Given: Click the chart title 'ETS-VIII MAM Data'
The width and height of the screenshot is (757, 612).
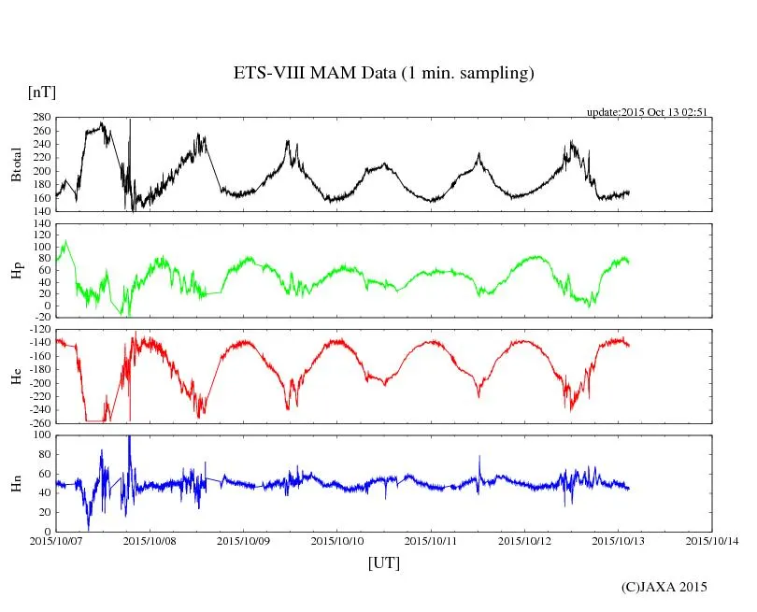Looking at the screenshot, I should click(383, 74).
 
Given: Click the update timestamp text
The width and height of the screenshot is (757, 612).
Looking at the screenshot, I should click(646, 112).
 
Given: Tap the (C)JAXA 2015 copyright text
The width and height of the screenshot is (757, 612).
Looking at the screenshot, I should click(664, 587).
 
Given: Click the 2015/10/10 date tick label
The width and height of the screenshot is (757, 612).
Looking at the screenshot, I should click(338, 541).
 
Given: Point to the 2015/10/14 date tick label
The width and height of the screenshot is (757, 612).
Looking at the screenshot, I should click(713, 541).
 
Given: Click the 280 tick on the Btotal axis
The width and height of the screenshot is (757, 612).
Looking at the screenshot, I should click(40, 118).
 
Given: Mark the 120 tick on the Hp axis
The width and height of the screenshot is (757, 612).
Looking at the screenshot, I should click(40, 223).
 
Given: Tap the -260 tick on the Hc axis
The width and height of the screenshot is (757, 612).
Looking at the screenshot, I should click(38, 422).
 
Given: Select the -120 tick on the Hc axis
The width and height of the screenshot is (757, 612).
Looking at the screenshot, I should click(38, 330).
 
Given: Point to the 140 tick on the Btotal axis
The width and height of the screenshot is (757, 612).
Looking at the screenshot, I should click(40, 211).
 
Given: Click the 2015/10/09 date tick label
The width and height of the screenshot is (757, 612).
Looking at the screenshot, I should click(244, 541).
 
